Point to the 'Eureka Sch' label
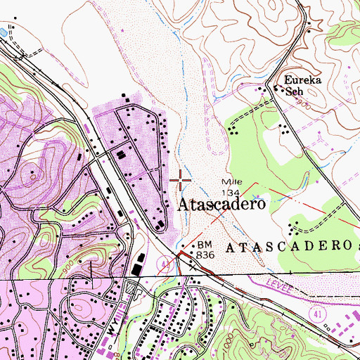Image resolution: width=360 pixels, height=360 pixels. point(302,85)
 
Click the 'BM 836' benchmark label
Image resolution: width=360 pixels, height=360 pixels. point(205,250)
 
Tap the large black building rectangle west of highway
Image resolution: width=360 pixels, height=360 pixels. point(136,270)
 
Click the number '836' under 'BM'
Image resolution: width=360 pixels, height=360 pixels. point(205,254)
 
